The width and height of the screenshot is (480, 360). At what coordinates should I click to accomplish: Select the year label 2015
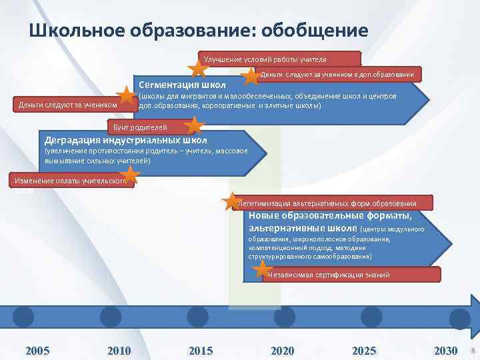[201, 351]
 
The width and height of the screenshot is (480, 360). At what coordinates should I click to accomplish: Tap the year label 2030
[445, 351]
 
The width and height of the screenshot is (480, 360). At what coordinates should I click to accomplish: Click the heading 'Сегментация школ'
[182, 85]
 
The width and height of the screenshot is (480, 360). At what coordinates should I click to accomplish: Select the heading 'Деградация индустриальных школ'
[125, 141]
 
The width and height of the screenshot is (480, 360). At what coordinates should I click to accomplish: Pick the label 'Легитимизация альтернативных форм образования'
[327, 203]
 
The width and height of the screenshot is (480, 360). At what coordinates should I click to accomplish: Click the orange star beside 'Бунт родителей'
[193, 125]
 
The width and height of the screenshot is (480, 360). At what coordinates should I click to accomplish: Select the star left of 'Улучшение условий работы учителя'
[197, 68]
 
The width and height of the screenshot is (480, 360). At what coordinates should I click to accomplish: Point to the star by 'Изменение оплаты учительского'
[131, 175]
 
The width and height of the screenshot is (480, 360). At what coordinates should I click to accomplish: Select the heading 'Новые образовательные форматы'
[330, 215]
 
